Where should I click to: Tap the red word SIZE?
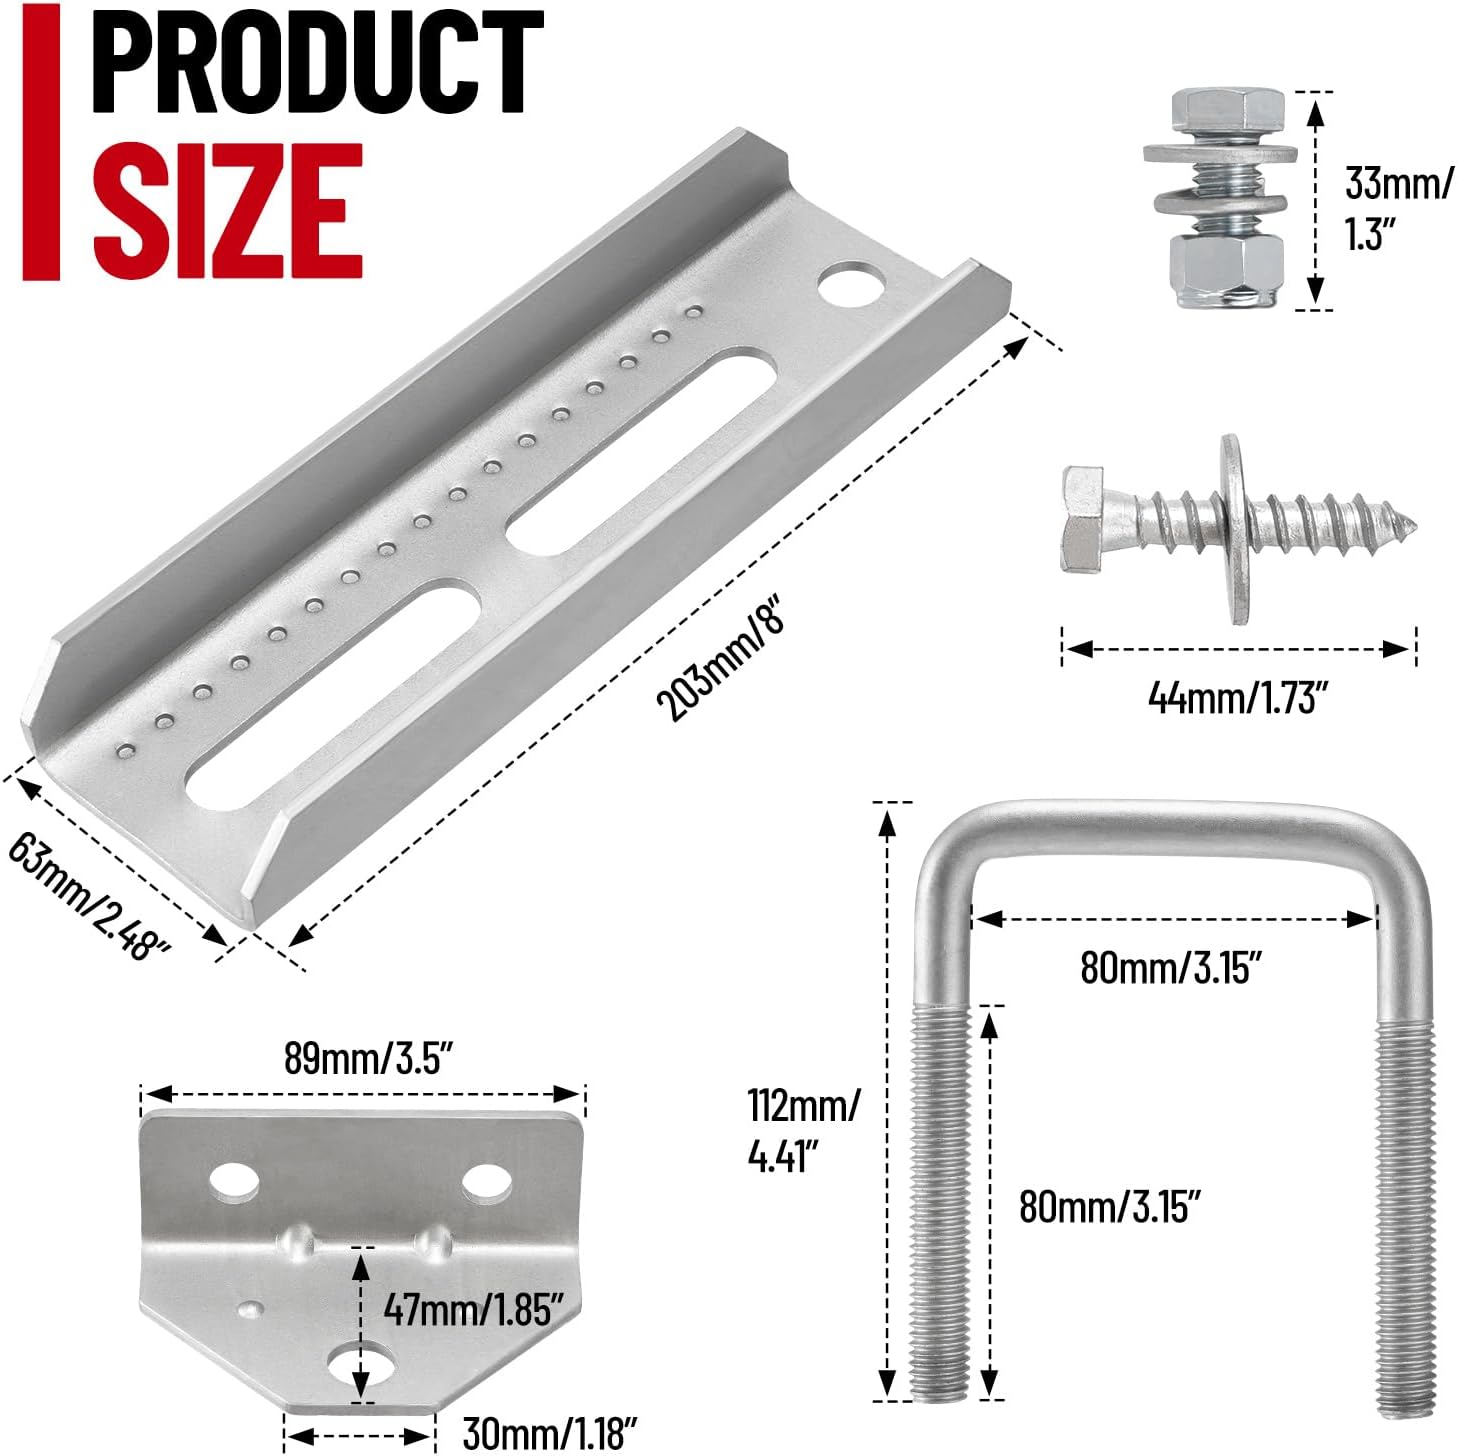[227, 210]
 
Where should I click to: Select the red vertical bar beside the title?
[42, 140]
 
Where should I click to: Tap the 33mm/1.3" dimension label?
[1397, 209]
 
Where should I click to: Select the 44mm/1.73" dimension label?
[1237, 697]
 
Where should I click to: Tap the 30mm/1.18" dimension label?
[549, 1433]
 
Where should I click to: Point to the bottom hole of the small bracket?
[362, 1367]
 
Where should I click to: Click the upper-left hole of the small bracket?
[235, 1184]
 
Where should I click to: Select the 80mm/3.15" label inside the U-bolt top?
[1171, 966]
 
